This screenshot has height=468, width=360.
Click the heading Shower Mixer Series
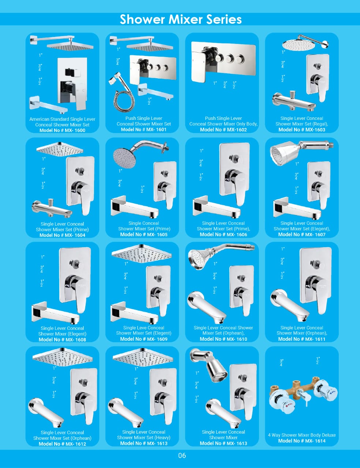[x=180, y=19]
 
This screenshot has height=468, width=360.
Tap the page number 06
[x=182, y=455]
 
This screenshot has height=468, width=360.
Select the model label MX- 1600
[x=75, y=130]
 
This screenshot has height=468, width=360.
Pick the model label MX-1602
[x=237, y=130]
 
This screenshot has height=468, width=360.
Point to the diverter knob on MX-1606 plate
[x=234, y=159]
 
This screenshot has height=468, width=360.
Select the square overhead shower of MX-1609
[x=142, y=253]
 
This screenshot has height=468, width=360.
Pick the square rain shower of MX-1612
[x=63, y=357]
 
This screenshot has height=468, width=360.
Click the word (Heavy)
[x=162, y=438]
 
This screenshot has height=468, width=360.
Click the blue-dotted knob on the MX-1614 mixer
[x=326, y=390]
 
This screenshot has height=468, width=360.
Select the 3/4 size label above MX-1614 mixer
[x=281, y=362]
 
